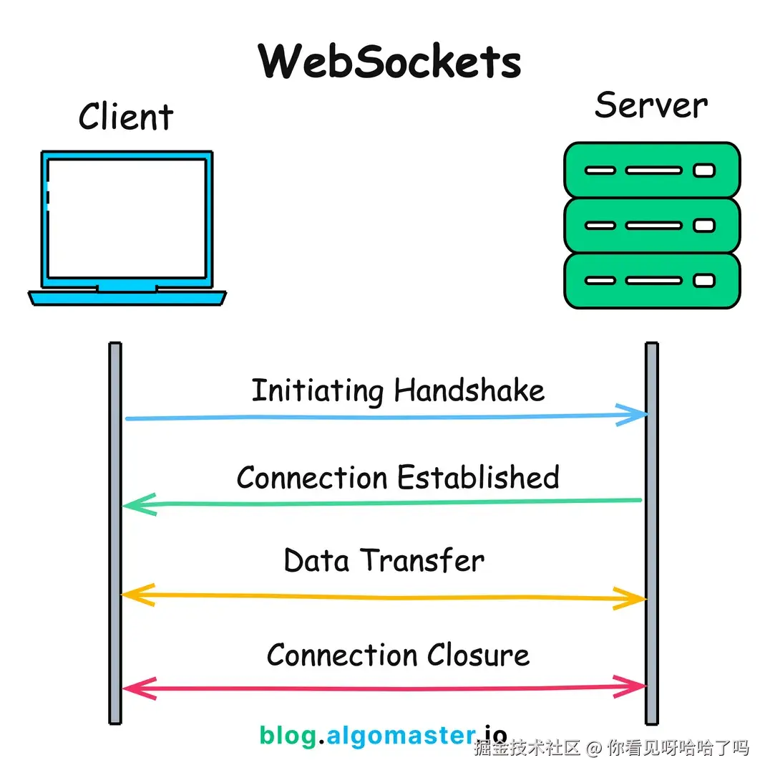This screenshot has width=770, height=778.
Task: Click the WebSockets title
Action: [389, 61]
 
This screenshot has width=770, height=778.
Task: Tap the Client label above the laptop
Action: [126, 117]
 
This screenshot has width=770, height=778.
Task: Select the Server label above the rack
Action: [651, 105]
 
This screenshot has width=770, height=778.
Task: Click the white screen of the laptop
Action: [127, 218]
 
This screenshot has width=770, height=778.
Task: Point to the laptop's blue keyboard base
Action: [127, 298]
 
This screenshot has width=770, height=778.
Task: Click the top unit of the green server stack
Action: [652, 171]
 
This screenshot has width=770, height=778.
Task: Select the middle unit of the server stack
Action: [652, 225]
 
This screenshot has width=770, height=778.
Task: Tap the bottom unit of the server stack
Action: [652, 281]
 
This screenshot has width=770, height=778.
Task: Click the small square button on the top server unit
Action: [704, 171]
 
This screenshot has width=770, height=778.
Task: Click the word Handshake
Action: [469, 390]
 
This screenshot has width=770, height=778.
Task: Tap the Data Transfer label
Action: [384, 561]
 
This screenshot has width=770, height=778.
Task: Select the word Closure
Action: [478, 655]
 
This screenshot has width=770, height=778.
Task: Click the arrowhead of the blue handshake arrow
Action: [633, 414]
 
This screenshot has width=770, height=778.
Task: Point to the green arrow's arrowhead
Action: [140, 504]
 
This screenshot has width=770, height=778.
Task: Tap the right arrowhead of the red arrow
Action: [630, 687]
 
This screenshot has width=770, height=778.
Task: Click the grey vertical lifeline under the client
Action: [115, 534]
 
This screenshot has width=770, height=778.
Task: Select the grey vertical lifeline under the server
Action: [652, 534]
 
